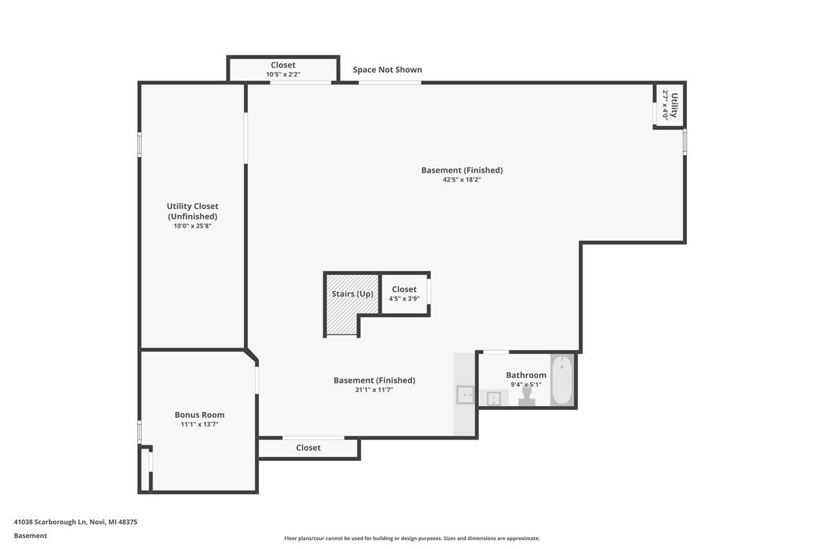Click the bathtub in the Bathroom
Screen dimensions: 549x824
pyautogui.click(x=561, y=380)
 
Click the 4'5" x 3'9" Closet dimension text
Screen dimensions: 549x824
pyautogui.click(x=404, y=299)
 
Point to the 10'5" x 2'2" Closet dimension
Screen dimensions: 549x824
pyautogui.click(x=283, y=74)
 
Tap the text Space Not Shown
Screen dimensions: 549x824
pyautogui.click(x=387, y=70)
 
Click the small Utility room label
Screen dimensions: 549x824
pyautogui.click(x=674, y=105)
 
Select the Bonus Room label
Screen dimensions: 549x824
pyautogui.click(x=200, y=415)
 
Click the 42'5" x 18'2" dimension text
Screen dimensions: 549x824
pyautogui.click(x=462, y=180)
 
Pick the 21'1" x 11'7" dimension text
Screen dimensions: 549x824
pyautogui.click(x=374, y=389)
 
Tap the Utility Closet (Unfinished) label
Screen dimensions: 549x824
pyautogui.click(x=192, y=211)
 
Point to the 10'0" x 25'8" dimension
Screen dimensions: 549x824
pyautogui.click(x=192, y=226)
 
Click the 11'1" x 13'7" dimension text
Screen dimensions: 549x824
pyautogui.click(x=200, y=425)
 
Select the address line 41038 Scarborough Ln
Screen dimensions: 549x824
pyautogui.click(x=75, y=522)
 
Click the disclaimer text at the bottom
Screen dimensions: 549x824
pyautogui.click(x=412, y=538)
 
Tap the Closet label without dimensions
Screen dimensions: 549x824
pyautogui.click(x=308, y=448)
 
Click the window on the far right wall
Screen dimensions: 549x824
pyautogui.click(x=684, y=142)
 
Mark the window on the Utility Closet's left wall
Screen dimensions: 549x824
pyautogui.click(x=139, y=144)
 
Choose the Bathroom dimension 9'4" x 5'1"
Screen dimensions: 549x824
pyautogui.click(x=526, y=385)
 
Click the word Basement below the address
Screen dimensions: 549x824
pyautogui.click(x=30, y=535)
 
